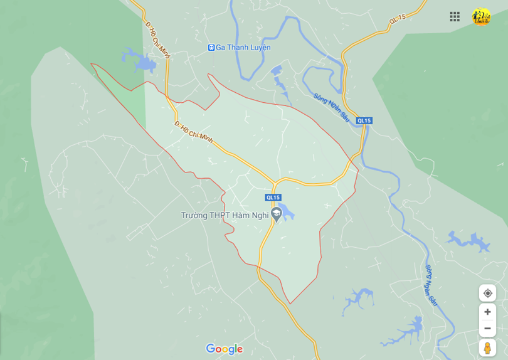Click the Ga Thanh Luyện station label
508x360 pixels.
tap(243, 48)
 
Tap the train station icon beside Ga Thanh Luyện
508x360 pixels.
tap(211, 48)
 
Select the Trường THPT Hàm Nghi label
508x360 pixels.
tap(225, 215)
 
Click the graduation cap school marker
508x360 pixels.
tap(276, 214)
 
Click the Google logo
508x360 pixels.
tap(224, 349)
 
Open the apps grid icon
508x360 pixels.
tap(455, 17)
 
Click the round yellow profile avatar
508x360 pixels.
tap(481, 17)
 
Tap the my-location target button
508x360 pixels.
tap(487, 293)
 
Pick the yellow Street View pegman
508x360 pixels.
tap(487, 347)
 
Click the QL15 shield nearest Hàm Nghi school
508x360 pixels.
tap(273, 198)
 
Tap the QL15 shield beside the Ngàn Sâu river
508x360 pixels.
tap(364, 120)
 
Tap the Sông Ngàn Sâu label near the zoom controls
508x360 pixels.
tap(430, 285)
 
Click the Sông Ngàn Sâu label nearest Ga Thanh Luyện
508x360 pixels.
tap(331, 107)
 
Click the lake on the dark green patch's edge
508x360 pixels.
tap(141, 61)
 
